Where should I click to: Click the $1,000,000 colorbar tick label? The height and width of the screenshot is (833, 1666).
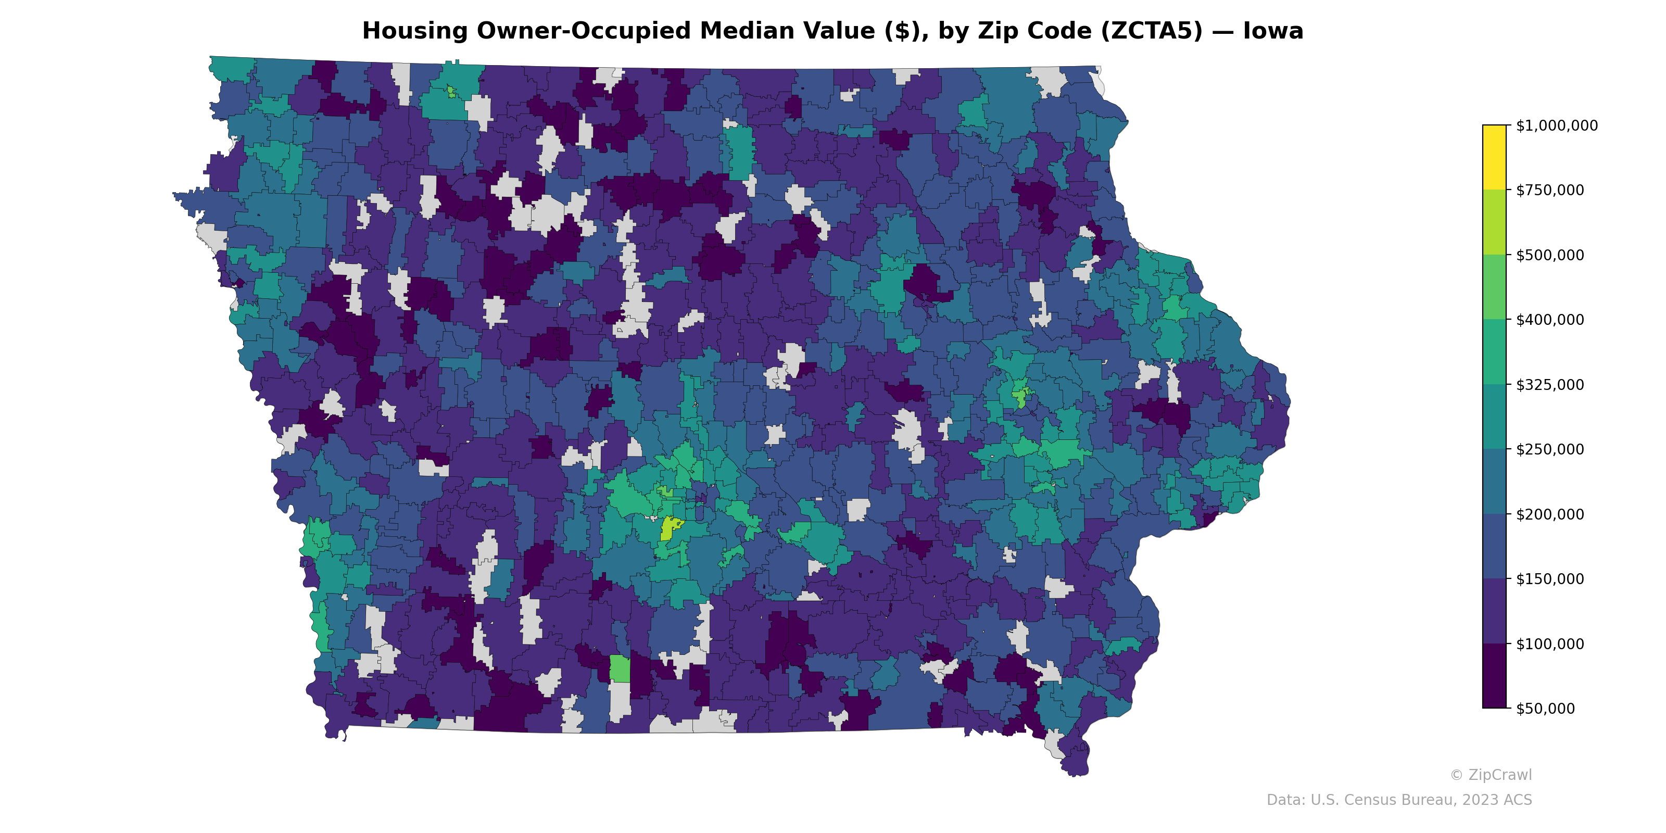[1556, 125]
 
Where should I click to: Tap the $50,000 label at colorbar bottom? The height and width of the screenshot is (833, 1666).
[1546, 709]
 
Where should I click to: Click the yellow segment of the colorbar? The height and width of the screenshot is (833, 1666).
[1494, 157]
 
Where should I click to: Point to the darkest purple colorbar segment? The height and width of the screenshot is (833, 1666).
[1494, 676]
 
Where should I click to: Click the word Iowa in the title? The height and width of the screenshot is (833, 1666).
[1273, 31]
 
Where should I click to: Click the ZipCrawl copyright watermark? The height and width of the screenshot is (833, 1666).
[1491, 775]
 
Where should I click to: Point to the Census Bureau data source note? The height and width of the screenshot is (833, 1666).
[1399, 800]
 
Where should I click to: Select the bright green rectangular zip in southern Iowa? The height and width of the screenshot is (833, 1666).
[620, 668]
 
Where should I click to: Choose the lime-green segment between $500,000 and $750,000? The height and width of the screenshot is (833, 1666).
[1494, 222]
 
